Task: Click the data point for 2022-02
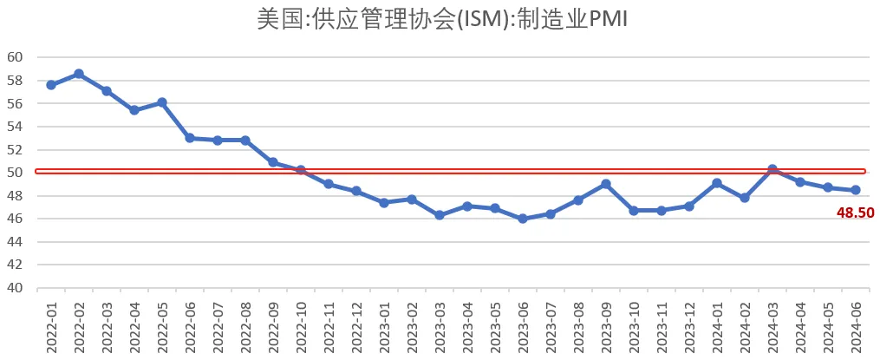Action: coord(79,74)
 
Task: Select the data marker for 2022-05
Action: coord(162,102)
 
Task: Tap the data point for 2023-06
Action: coord(523,219)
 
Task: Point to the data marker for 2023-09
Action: coord(606,184)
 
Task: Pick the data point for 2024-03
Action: coord(772,170)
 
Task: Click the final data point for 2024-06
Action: coord(856,190)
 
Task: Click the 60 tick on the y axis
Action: coord(15,57)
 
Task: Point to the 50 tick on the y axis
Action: coord(15,173)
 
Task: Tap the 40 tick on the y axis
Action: coord(15,288)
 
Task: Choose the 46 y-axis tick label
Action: coord(15,219)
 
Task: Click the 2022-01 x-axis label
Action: coord(51,326)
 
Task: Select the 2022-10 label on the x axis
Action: coord(301,326)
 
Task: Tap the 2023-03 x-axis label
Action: coord(440,326)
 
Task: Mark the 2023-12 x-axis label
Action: coord(689,326)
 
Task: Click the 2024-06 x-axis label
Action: coord(856,326)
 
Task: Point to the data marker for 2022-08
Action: coord(245,141)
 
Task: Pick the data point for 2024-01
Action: coord(717,183)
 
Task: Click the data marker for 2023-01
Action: coord(384,202)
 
